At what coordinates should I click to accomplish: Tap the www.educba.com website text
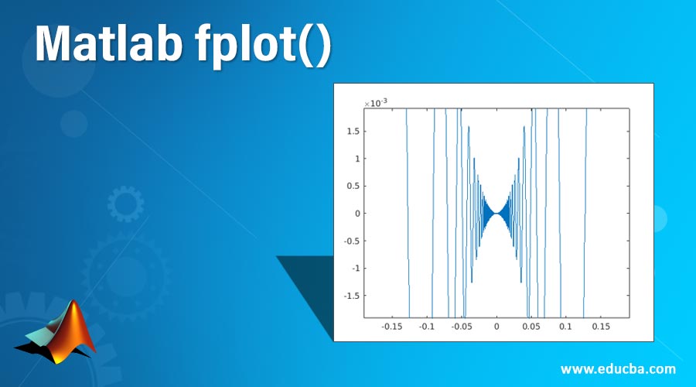click(x=618, y=368)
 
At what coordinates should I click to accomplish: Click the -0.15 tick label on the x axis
click(x=393, y=327)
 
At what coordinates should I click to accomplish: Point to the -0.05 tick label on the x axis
click(x=462, y=327)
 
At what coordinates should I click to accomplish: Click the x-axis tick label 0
click(x=497, y=327)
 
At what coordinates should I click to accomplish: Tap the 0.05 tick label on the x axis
click(x=531, y=327)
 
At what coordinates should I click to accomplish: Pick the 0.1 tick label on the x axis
click(x=566, y=327)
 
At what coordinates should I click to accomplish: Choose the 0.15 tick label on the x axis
click(x=601, y=327)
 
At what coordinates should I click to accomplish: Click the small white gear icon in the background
click(x=125, y=204)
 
